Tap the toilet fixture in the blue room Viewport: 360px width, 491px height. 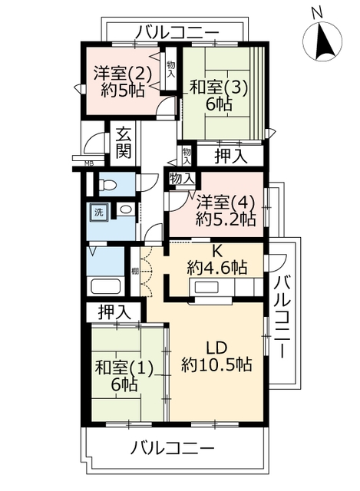coord(107,185)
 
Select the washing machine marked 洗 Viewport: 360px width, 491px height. coord(99,213)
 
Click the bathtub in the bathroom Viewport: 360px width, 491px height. coord(106,286)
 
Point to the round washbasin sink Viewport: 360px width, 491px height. coord(126,209)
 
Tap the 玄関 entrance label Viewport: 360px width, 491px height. coord(124,143)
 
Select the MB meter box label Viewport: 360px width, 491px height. coord(89,163)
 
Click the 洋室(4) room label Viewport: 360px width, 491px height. coord(225,203)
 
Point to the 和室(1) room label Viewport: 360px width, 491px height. coord(124,368)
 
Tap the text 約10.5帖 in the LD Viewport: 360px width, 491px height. coord(216,364)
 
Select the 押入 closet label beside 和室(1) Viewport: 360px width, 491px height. coord(114,312)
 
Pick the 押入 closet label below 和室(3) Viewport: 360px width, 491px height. coord(231,156)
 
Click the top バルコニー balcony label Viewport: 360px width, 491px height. coord(178,33)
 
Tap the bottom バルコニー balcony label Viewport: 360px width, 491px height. coord(172,448)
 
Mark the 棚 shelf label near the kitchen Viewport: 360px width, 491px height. coord(135,272)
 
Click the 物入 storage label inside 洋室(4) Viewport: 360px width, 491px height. coord(182,179)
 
